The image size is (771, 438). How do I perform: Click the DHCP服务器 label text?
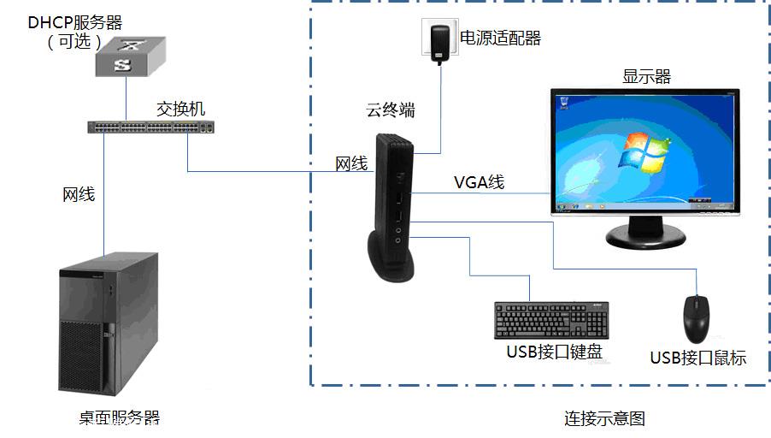74,22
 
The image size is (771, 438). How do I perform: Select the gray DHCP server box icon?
130,56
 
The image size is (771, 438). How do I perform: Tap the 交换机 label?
180,109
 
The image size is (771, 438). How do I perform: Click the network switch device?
151,127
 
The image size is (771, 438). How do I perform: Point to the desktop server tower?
109,324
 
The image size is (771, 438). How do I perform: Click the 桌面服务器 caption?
120,417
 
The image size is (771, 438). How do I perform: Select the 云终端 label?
391,110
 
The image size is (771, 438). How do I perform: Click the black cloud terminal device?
391,208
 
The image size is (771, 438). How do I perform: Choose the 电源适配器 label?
500,38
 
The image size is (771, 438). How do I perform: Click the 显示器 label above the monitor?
646,76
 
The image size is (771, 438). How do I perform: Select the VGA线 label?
479,182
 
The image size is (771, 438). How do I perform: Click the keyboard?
551,321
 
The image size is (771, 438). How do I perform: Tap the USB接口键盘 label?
554,352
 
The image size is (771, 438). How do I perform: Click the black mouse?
697,319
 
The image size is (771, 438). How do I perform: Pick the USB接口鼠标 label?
698,358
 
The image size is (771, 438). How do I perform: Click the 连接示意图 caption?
604,418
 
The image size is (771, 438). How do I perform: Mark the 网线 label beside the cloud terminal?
351,163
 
